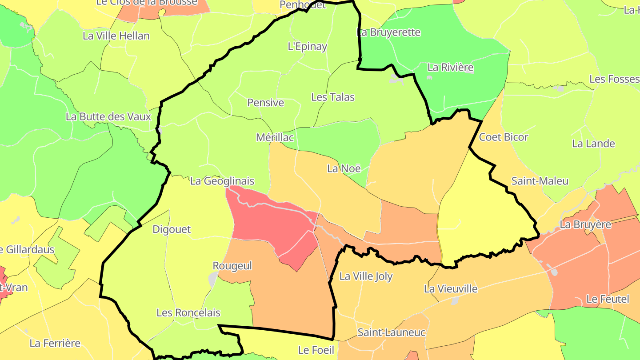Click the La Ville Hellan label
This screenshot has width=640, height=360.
tap(116, 36)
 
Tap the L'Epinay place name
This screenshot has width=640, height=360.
tap(308, 46)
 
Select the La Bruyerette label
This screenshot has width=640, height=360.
tap(388, 32)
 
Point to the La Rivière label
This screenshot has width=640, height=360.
tap(450, 68)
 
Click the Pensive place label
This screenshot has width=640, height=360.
tap(265, 103)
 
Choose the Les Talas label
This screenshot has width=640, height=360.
tap(333, 97)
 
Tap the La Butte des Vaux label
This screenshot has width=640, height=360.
tap(108, 117)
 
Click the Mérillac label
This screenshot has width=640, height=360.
tap(275, 137)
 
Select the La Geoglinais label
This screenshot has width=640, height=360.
tap(222, 181)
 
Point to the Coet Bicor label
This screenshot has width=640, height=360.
tap(504, 137)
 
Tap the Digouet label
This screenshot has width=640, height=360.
tap(172, 229)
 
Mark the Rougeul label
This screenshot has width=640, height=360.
tap(232, 266)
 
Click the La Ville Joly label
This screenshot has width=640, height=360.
tap(366, 276)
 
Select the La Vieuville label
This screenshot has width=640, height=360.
tap(451, 289)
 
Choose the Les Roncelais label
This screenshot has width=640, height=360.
tap(188, 313)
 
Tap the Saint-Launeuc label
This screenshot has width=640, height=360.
tap(392, 332)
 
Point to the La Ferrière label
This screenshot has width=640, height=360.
tap(55, 343)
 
